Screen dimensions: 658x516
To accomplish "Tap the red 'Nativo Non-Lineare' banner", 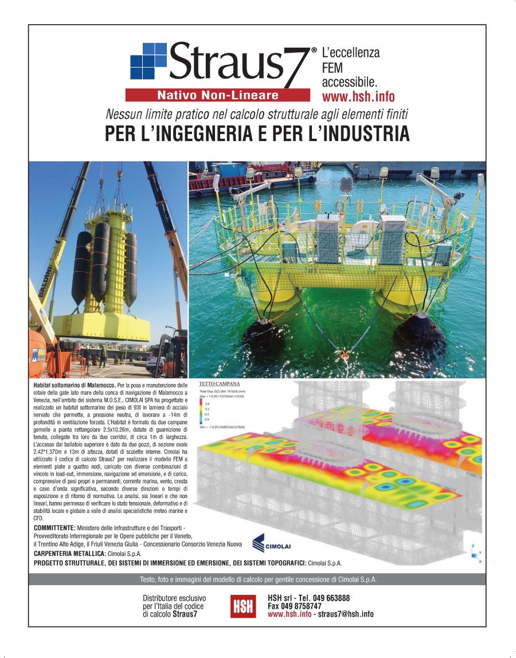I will pyautogui.click(x=217, y=95).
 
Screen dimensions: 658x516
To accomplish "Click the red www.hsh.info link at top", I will pyautogui.click(x=358, y=96).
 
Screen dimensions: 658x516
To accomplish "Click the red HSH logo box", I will pyautogui.click(x=243, y=606).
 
